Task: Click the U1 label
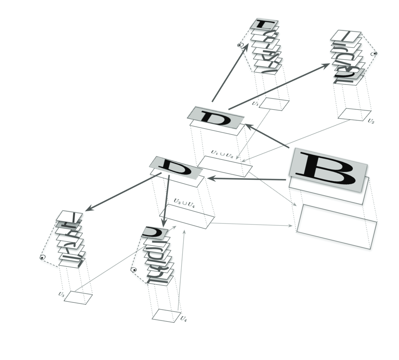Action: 255,103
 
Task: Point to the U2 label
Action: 371,121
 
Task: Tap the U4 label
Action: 183,319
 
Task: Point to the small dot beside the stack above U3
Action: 42,257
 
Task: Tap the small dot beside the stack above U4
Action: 133,270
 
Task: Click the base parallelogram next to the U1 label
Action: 274,104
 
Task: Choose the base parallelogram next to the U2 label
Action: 354,114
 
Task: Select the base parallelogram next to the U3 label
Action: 78,297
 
